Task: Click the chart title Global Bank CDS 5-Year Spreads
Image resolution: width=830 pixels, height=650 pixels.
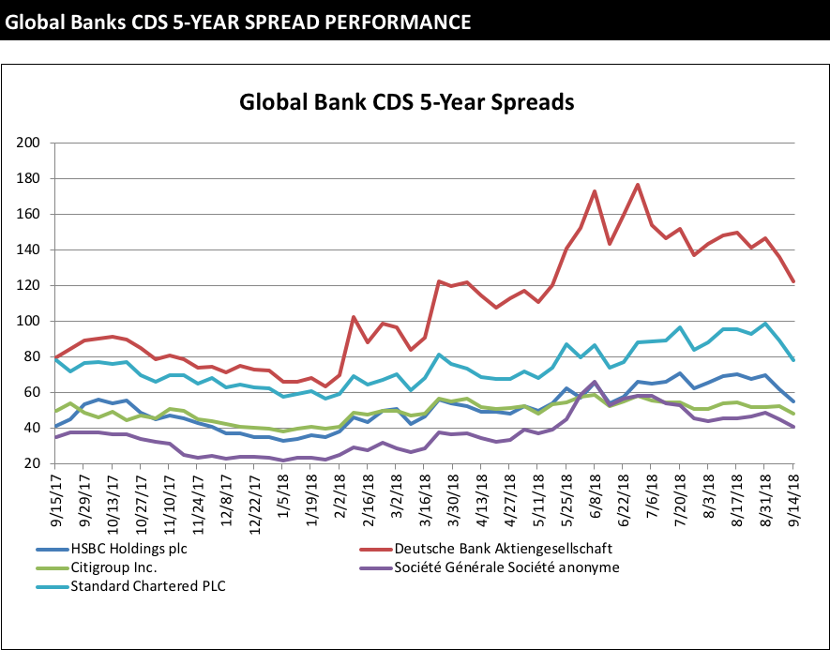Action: tap(406, 101)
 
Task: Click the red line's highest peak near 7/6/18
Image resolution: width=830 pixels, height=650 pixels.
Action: tap(638, 185)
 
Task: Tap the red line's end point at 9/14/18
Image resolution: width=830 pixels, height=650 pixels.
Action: tap(793, 281)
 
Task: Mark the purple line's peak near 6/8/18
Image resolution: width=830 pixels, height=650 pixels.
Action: tap(595, 382)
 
